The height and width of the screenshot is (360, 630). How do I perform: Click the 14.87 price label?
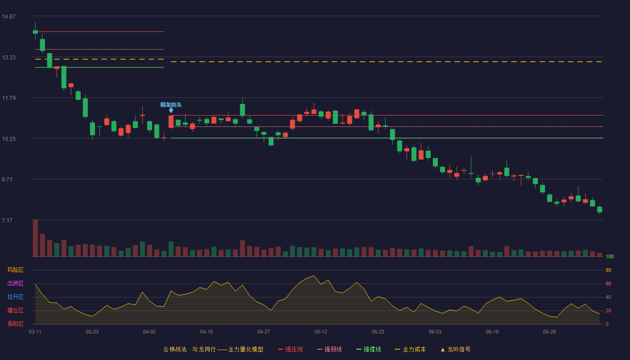(9, 16)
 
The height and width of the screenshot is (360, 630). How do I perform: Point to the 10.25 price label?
(9, 139)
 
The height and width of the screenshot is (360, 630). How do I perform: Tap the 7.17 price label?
(7, 220)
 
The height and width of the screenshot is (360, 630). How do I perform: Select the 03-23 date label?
(92, 332)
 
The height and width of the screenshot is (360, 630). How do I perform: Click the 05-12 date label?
(320, 332)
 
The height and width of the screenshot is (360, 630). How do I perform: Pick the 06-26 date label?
(549, 332)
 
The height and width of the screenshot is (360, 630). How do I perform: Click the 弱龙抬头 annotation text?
(171, 104)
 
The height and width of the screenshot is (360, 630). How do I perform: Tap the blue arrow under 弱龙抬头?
(171, 111)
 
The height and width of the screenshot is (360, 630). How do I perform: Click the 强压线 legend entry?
(291, 349)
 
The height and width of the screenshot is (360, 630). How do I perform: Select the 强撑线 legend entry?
(369, 349)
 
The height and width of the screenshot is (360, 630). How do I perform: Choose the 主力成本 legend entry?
(410, 349)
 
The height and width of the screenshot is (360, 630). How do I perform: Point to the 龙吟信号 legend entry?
(455, 349)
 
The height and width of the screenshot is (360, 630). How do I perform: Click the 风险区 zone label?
(15, 270)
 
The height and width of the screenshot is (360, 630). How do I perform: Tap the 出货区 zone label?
(15, 283)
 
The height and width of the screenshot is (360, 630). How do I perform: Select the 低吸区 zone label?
(15, 324)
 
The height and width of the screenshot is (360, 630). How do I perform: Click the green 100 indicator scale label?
(610, 256)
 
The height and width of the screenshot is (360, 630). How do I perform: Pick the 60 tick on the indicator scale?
(608, 283)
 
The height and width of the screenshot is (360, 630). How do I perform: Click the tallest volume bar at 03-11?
(35, 238)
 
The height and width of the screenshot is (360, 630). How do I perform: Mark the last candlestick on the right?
(599, 210)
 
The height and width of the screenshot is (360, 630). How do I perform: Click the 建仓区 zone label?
(15, 310)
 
